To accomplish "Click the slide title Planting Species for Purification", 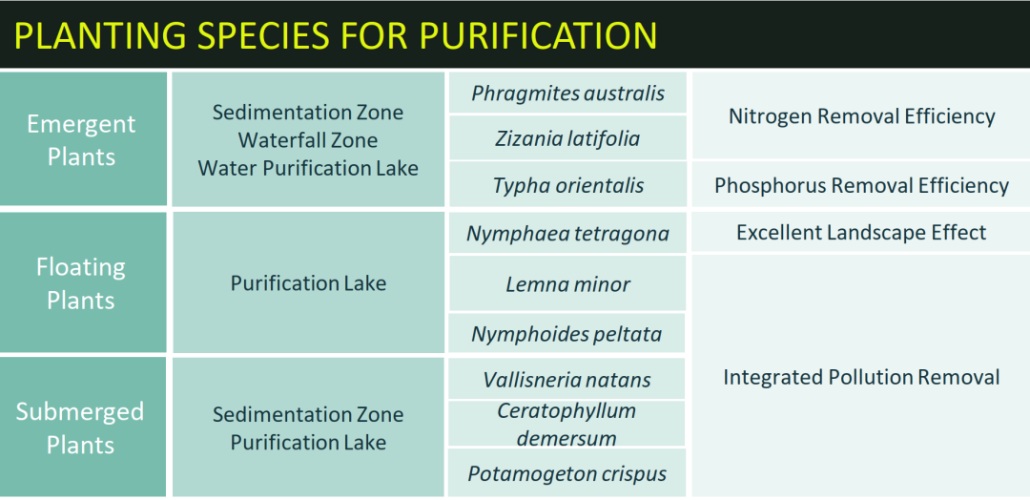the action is pyautogui.click(x=335, y=36).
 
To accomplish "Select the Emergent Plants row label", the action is pyautogui.click(x=81, y=140).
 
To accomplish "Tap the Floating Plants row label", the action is pyautogui.click(x=81, y=283).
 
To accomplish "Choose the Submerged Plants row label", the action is pyautogui.click(x=81, y=427).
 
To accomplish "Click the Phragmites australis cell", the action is pyautogui.click(x=567, y=93).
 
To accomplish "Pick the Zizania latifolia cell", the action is pyautogui.click(x=567, y=138).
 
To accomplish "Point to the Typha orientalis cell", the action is pyautogui.click(x=567, y=185).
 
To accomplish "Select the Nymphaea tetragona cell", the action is pyautogui.click(x=567, y=233).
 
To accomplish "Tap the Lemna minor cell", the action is pyautogui.click(x=567, y=283).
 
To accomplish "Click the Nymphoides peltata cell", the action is pyautogui.click(x=567, y=334).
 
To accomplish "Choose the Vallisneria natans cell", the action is pyautogui.click(x=567, y=379).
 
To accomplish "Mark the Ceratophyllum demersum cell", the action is pyautogui.click(x=567, y=424).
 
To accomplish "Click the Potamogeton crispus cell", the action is pyautogui.click(x=567, y=473).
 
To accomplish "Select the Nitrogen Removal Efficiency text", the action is pyautogui.click(x=862, y=116).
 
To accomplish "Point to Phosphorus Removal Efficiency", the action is pyautogui.click(x=862, y=185).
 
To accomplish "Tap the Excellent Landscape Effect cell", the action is pyautogui.click(x=861, y=233).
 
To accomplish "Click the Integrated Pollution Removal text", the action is pyautogui.click(x=861, y=377).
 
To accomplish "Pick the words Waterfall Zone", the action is pyautogui.click(x=308, y=140).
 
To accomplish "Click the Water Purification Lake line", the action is pyautogui.click(x=308, y=168).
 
